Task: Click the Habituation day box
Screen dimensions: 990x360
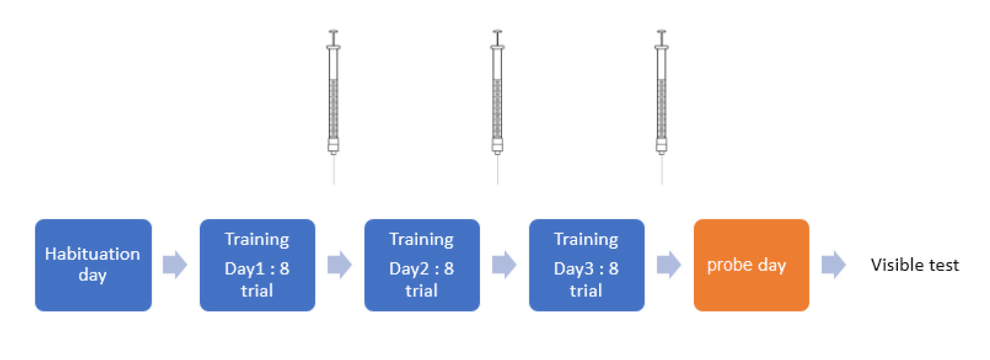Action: pos(93,265)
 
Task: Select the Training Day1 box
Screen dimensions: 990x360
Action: pos(257,265)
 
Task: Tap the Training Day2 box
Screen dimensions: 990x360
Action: pos(422,265)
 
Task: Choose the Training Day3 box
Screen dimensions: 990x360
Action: pos(586,265)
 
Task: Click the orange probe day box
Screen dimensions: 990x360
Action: pos(751,265)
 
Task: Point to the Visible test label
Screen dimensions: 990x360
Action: pos(915,265)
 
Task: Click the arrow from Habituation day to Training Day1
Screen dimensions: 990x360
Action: pos(175,265)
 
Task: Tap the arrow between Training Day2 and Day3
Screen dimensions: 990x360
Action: pos(505,265)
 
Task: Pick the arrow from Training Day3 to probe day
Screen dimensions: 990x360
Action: pos(669,265)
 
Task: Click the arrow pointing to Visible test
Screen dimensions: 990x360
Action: pos(834,265)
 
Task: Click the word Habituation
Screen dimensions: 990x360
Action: pos(92,254)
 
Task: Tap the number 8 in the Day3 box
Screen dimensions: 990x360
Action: pos(613,268)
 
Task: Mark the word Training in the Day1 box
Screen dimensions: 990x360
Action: pos(257,239)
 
